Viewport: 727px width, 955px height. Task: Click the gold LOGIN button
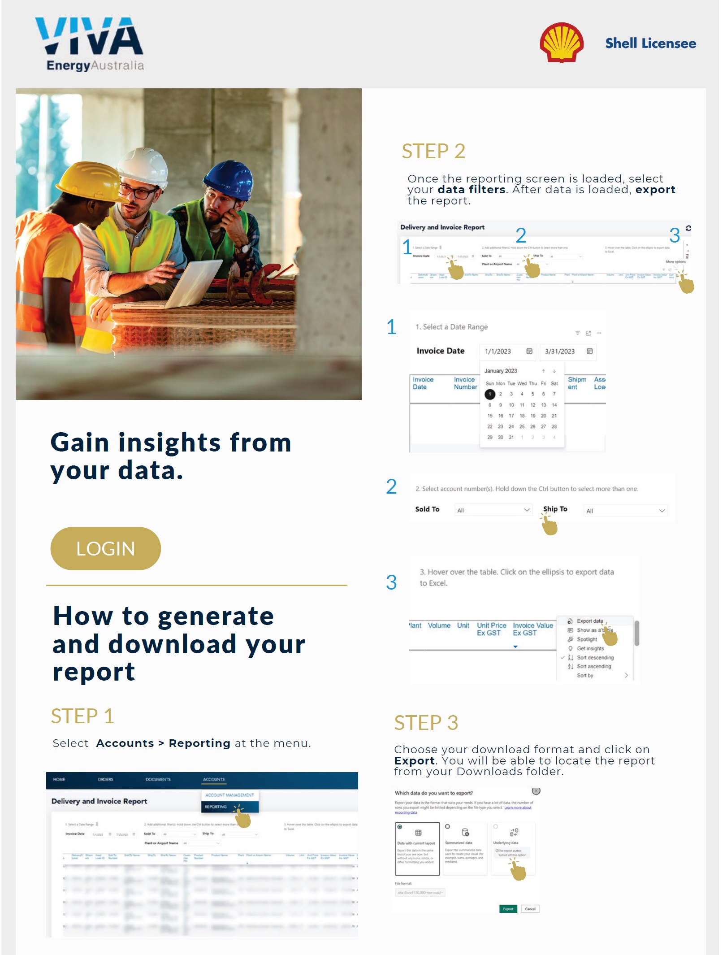[105, 548]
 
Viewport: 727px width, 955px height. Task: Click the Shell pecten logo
[561, 43]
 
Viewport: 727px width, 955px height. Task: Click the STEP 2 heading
[433, 152]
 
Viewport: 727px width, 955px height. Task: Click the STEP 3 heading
[426, 723]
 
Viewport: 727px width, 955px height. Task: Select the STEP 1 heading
[82, 716]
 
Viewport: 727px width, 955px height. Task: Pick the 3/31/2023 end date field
[567, 352]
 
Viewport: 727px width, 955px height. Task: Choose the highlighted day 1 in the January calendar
[489, 394]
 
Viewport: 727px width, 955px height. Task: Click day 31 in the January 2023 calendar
[511, 437]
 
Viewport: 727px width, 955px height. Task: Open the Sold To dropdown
[493, 510]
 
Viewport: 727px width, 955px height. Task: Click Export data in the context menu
[589, 621]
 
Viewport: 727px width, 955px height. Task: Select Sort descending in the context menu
[595, 657]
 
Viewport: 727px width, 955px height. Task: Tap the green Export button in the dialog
[508, 909]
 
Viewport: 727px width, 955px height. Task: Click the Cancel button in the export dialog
[530, 909]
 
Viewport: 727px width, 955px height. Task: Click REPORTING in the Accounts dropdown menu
[216, 807]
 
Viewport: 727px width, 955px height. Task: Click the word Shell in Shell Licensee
[621, 43]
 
